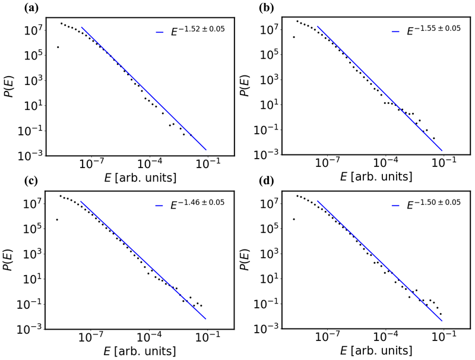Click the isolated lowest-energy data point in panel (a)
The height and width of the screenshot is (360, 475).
[57, 47]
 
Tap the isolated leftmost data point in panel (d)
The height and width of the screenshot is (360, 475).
[293, 219]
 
